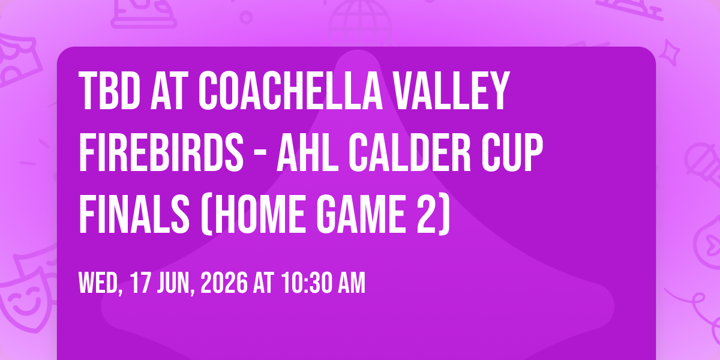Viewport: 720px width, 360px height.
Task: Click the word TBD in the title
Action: [109, 91]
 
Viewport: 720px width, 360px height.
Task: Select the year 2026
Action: [224, 283]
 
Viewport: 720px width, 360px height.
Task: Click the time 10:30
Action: [307, 283]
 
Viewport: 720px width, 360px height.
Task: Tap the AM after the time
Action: [352, 283]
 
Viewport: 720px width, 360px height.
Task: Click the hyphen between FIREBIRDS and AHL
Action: [260, 155]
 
